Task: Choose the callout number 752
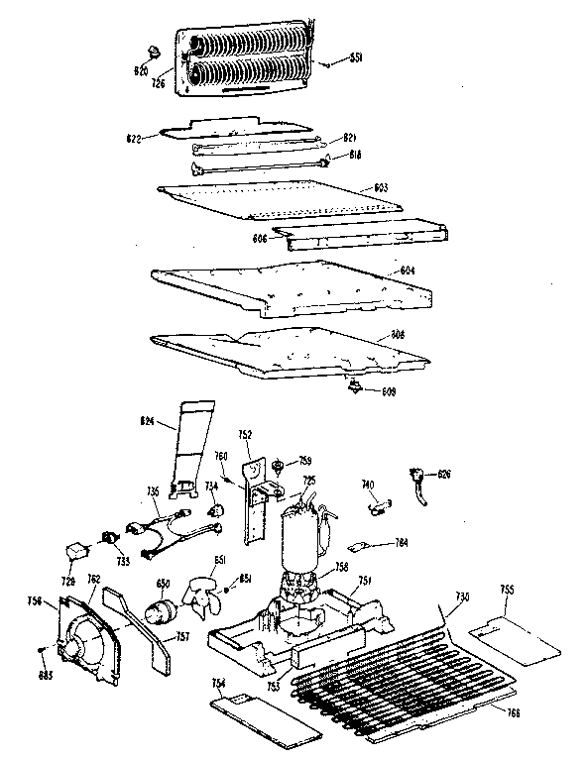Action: click(244, 433)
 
